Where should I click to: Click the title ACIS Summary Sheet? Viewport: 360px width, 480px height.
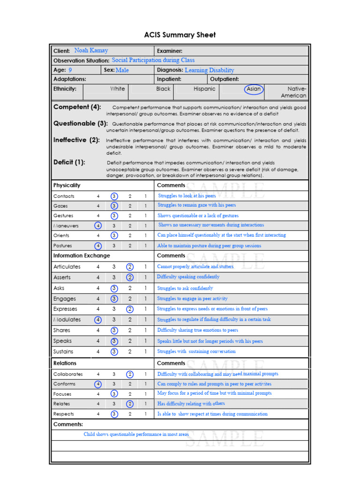180,35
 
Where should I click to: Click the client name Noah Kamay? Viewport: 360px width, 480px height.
91,51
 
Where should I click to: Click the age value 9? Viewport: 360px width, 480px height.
70,70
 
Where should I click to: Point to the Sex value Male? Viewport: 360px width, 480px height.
122,70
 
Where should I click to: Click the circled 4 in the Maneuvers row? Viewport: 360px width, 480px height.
98,225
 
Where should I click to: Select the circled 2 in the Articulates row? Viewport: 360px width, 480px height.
130,267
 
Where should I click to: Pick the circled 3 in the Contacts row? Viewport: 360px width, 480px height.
114,196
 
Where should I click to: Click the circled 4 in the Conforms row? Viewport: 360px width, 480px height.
98,384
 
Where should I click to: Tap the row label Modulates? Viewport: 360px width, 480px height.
67,320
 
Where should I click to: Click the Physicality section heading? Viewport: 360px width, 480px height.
67,185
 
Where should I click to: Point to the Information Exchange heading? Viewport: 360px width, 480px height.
82,255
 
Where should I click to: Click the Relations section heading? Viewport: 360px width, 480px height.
65,363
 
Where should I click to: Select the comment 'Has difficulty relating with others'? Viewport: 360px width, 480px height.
191,404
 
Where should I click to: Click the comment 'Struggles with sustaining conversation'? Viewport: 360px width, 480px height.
196,352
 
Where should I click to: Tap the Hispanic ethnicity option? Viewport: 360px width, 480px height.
204,89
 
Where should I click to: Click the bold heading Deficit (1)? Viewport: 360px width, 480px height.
69,162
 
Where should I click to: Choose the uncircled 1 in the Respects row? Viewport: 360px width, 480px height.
145,414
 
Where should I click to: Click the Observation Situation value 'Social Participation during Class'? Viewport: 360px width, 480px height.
153,60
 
